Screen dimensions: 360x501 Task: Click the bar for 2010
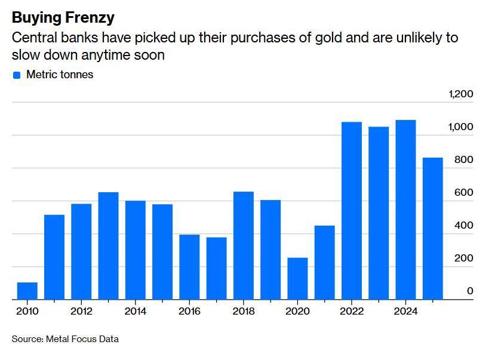coord(27,291)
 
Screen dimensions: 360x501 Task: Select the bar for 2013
coord(109,246)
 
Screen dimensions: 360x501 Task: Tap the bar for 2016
coord(189,267)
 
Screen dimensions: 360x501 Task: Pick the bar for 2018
coord(244,245)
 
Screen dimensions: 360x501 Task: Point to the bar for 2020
coord(297,279)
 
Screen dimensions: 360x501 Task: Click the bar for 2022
coord(352,211)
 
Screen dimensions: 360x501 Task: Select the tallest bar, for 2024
coord(405,210)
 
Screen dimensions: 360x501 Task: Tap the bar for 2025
coord(433,229)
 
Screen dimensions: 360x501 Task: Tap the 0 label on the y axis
coord(470,291)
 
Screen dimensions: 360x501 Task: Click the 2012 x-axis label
coord(81,311)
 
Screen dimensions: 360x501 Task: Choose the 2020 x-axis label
coord(297,311)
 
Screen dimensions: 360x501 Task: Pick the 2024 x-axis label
coord(405,311)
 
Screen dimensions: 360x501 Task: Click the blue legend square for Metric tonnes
coord(17,75)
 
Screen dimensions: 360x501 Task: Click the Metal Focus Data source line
coord(65,339)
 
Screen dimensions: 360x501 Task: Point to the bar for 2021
coord(325,263)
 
